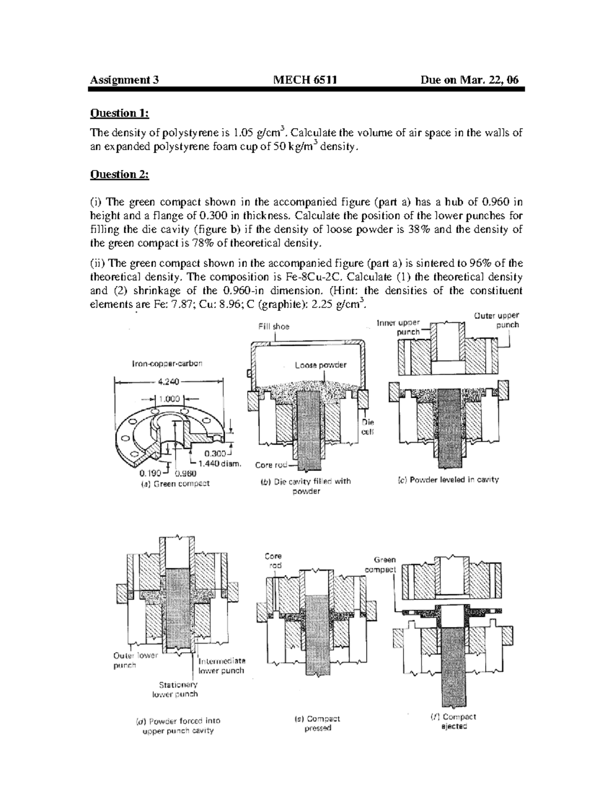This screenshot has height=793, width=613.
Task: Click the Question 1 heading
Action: coord(120,112)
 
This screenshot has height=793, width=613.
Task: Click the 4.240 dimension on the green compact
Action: coord(168,380)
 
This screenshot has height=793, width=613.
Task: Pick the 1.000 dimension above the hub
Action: coord(169,399)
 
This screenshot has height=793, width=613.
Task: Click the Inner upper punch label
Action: coord(398,327)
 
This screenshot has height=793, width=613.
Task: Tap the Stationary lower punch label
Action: coord(175,689)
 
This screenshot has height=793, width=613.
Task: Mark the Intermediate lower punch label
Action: coord(221,665)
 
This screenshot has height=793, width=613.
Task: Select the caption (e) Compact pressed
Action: coord(317,723)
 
